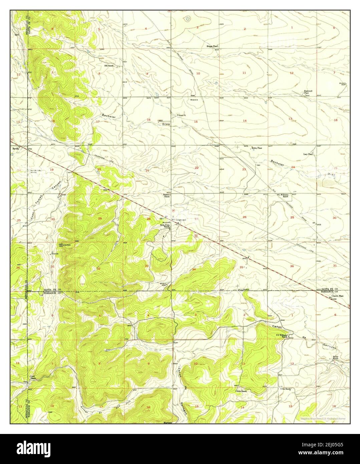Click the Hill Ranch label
tap(109, 66)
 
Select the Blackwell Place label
tap(308, 92)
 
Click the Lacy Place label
tap(308, 154)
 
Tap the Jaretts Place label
tap(337, 295)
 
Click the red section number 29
tap(100, 218)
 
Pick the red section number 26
tap(245, 217)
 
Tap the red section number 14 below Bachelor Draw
tap(245, 121)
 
